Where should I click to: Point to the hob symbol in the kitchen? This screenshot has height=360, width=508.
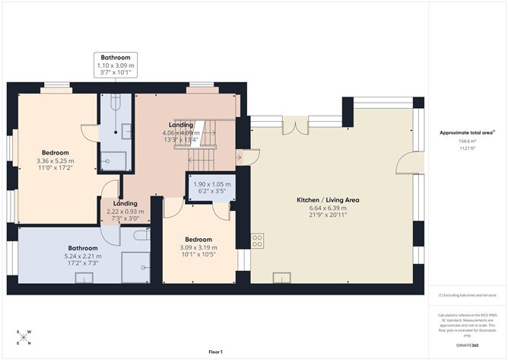[x=257, y=241]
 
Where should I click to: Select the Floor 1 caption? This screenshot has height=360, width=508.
[x=220, y=352]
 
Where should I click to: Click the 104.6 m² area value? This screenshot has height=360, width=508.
[x=466, y=142]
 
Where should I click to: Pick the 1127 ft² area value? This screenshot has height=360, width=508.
[x=466, y=148]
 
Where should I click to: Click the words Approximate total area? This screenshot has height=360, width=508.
[x=466, y=132]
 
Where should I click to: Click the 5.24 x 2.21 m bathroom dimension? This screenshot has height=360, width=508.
[x=82, y=256]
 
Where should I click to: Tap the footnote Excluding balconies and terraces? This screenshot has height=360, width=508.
[x=466, y=295]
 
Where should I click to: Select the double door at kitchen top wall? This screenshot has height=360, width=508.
[x=294, y=125]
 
